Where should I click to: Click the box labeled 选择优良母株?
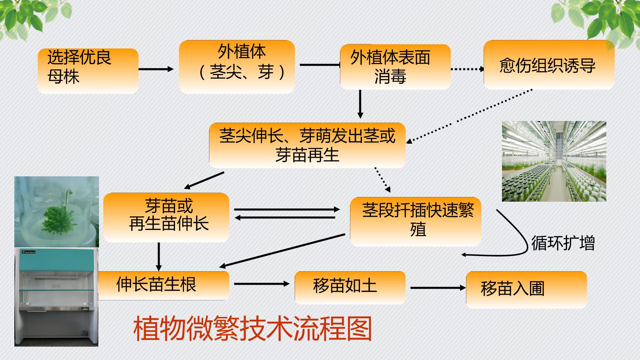click(88, 71)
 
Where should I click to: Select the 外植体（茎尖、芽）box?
click(237, 67)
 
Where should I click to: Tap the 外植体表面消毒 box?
click(395, 67)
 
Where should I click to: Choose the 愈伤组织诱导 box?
click(549, 65)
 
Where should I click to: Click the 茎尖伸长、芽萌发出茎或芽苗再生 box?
click(307, 145)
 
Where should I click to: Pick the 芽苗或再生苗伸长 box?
click(166, 217)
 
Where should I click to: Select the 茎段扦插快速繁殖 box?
click(416, 222)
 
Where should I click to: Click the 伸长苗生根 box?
click(164, 286)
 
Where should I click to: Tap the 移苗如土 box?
click(350, 288)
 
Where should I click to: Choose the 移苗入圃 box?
click(526, 290)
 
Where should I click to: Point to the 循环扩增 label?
click(563, 243)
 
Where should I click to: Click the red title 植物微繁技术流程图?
click(253, 329)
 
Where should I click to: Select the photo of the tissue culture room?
click(554, 161)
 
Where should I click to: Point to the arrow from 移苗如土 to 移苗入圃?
click(438, 288)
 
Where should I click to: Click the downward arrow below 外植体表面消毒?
click(360, 104)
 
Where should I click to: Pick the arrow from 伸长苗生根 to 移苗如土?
click(262, 284)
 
